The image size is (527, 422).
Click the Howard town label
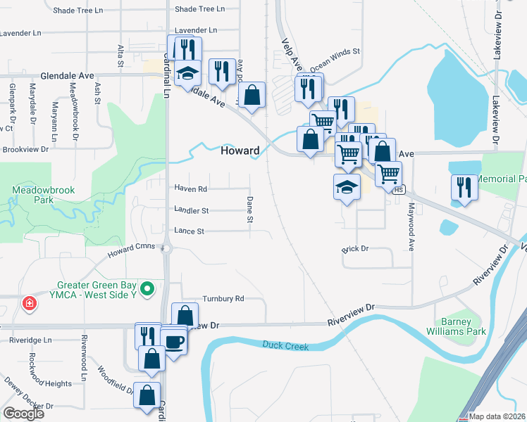click(x=240, y=151)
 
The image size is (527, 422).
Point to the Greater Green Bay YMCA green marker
click(x=147, y=288)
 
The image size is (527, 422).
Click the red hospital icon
click(x=29, y=305)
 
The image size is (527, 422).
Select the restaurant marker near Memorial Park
click(x=463, y=186)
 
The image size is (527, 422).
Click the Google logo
click(x=24, y=414)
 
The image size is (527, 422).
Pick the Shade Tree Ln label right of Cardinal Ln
click(x=199, y=9)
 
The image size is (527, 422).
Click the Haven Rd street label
click(x=191, y=188)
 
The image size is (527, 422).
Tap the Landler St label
click(x=191, y=210)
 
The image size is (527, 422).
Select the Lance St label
click(x=190, y=231)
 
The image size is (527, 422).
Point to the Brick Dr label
click(x=355, y=249)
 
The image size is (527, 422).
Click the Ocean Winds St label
click(x=335, y=52)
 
